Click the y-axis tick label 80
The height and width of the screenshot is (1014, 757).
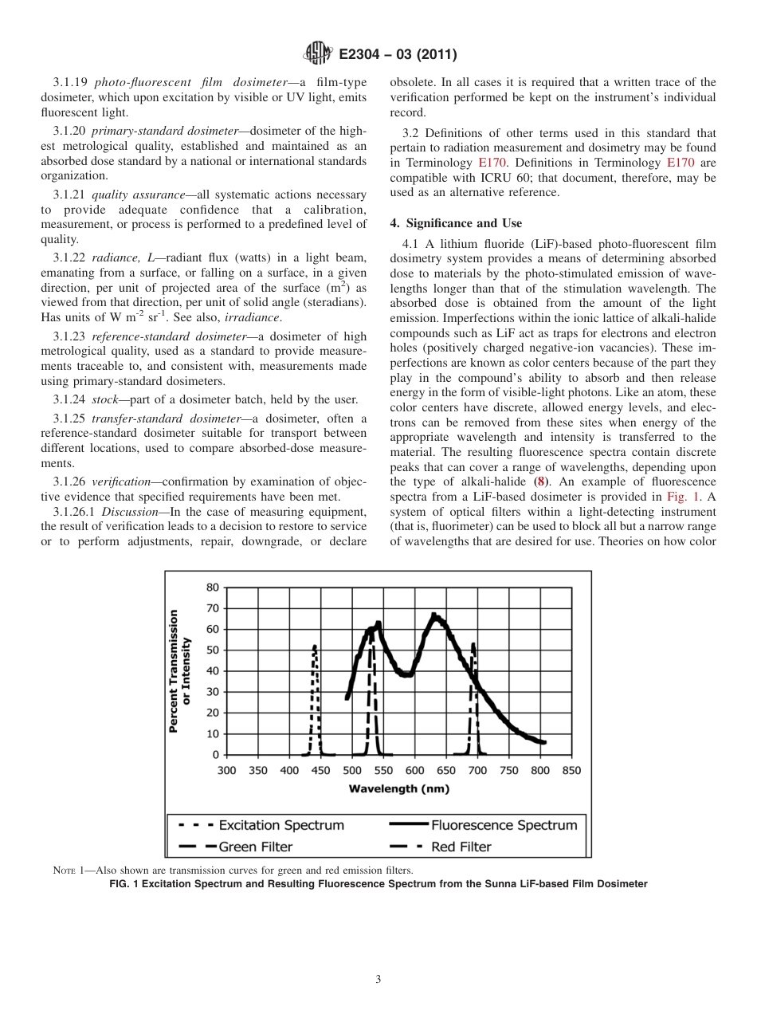point(212,588)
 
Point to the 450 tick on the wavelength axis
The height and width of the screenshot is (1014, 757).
point(320,770)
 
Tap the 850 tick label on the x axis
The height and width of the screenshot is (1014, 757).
point(571,770)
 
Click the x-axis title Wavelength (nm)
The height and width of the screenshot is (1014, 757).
point(398,788)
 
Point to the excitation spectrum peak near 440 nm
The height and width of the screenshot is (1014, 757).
point(315,647)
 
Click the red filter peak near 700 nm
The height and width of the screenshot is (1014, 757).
point(473,644)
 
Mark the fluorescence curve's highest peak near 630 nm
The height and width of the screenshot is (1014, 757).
point(434,615)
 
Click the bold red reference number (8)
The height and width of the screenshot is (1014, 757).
point(541,482)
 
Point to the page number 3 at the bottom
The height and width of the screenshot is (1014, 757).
point(378,980)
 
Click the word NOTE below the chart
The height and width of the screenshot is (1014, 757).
point(64,870)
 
